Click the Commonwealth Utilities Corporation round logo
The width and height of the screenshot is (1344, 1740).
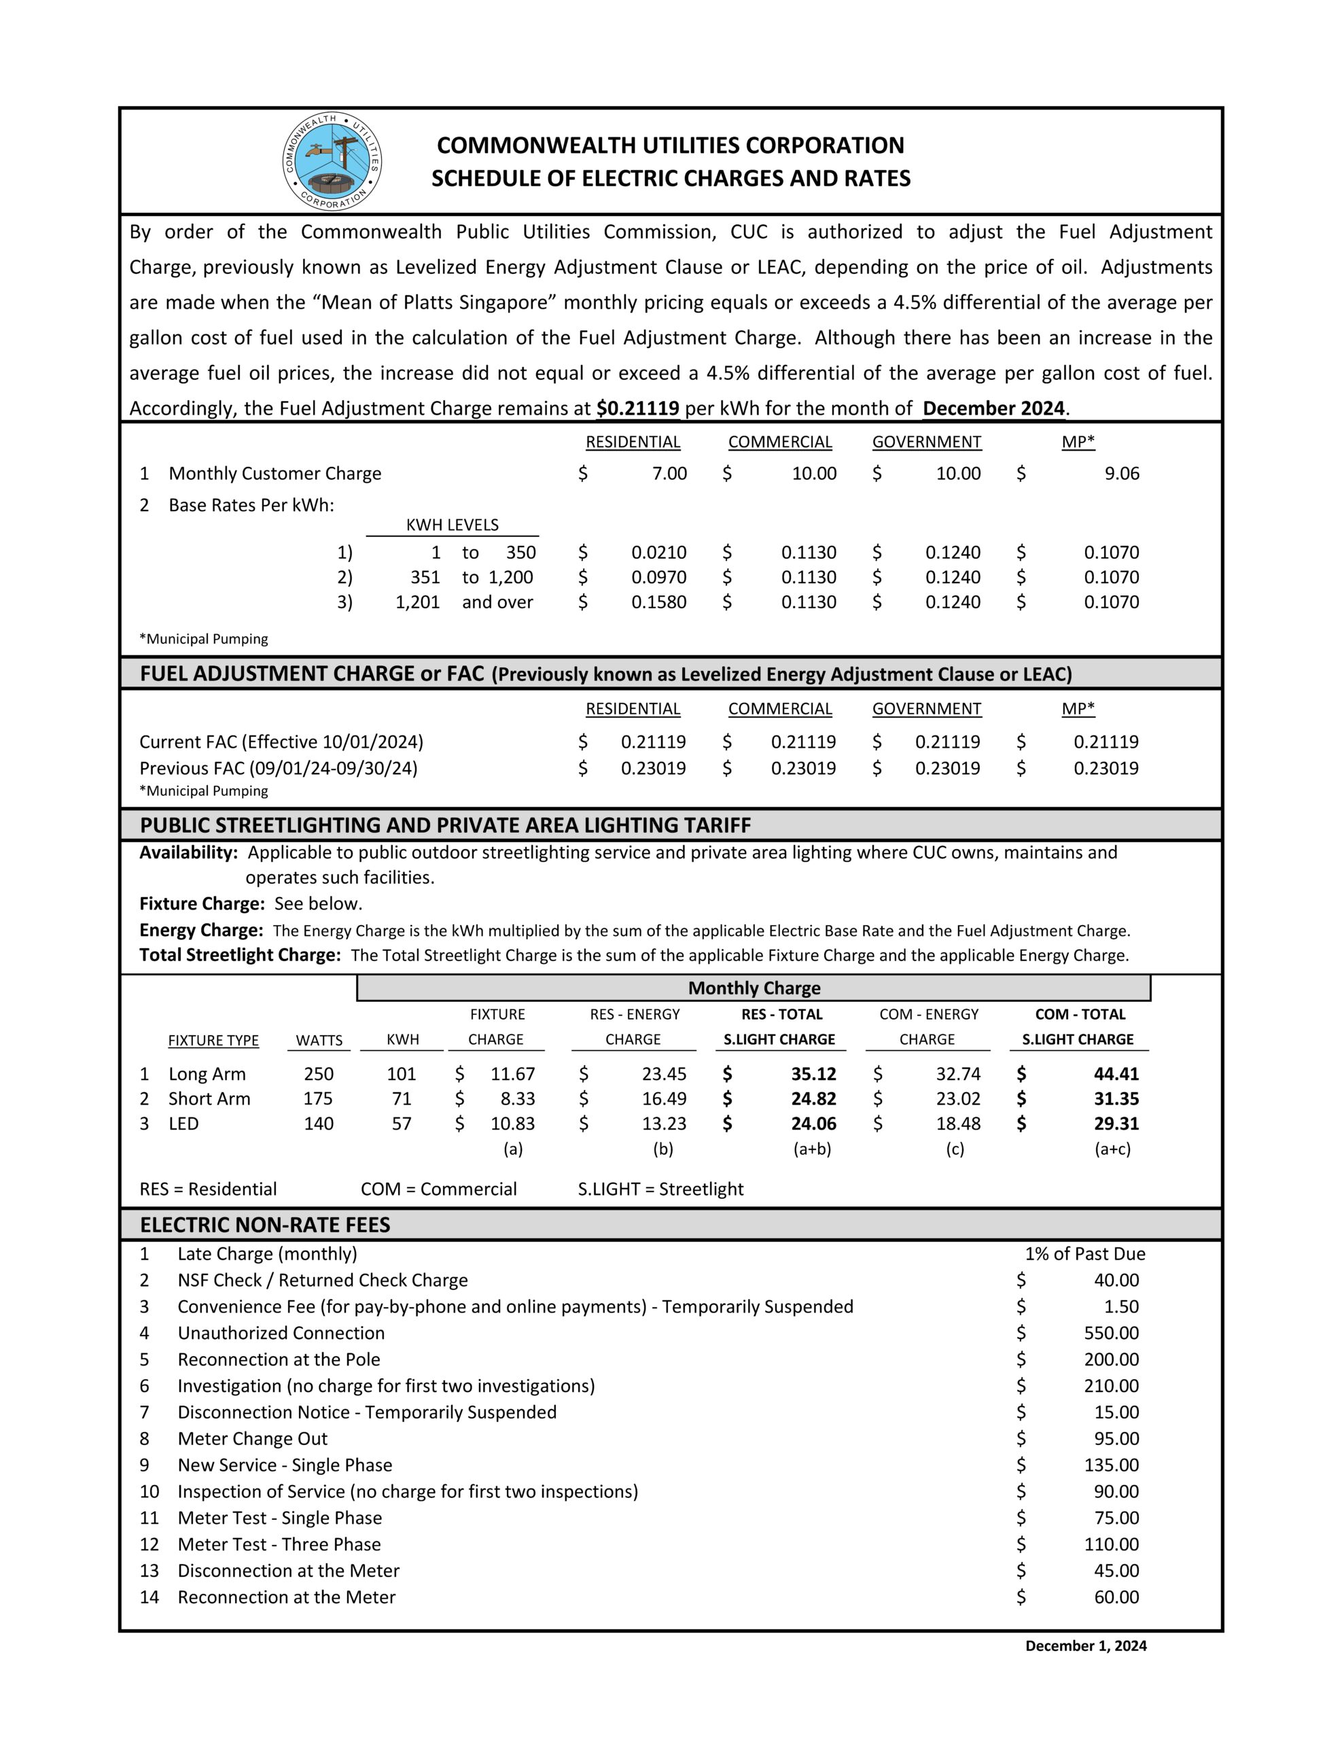click(x=332, y=162)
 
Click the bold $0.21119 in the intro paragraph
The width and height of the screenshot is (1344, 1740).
click(x=637, y=408)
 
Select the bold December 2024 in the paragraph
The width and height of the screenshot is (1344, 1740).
click(x=993, y=408)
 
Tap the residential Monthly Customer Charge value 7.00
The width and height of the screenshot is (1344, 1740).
click(x=669, y=474)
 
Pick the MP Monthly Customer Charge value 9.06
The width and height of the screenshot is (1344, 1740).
click(x=1122, y=474)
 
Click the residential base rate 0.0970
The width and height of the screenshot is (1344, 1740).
click(x=659, y=578)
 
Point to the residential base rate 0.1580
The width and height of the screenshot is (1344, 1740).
click(x=659, y=602)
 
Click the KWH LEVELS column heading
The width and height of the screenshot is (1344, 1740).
click(x=452, y=525)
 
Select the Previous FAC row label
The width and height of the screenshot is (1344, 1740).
click(x=278, y=769)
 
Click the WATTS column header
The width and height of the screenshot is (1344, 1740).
click(x=319, y=1041)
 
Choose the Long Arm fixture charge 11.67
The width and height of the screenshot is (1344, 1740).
click(x=512, y=1074)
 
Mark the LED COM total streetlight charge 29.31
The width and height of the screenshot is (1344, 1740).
click(x=1116, y=1124)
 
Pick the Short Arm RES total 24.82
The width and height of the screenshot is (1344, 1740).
click(x=813, y=1100)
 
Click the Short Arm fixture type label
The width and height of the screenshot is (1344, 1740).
click(x=209, y=1100)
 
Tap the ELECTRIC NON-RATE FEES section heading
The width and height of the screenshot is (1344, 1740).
click(x=265, y=1225)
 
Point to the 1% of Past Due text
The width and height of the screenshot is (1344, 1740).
click(x=1084, y=1254)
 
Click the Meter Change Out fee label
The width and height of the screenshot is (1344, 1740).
click(x=253, y=1439)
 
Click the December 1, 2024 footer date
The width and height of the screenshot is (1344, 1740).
click(x=1085, y=1646)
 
